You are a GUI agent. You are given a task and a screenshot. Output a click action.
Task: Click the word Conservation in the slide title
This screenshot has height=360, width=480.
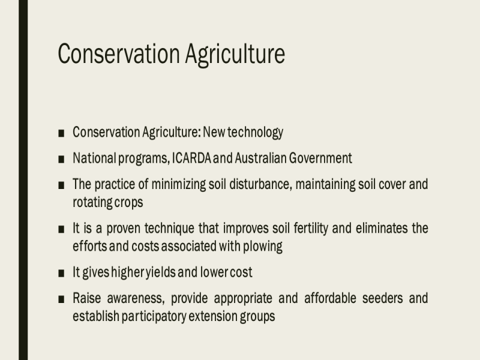(x=118, y=54)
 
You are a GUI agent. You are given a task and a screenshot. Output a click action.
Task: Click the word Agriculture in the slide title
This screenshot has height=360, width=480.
(x=235, y=55)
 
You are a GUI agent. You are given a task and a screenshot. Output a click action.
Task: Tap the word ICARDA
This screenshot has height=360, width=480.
(x=191, y=158)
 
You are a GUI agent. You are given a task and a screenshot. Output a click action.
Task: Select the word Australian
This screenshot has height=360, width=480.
(x=260, y=158)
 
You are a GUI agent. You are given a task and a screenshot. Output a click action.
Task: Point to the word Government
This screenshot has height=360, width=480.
(x=320, y=158)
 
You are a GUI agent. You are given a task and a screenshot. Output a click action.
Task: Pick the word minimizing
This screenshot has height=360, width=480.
(x=178, y=185)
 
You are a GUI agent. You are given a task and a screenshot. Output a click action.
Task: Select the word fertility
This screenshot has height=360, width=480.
(x=311, y=229)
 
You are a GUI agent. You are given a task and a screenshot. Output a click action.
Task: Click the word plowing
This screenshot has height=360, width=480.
(x=263, y=247)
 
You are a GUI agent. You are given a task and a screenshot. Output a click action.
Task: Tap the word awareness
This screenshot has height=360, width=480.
(x=136, y=298)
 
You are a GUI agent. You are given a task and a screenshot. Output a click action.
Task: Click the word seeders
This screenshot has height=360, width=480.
(x=382, y=298)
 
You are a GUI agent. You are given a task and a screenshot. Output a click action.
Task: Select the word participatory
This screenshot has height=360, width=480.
(x=154, y=317)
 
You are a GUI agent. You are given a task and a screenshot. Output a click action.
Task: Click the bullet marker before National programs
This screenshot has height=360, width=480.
(x=61, y=159)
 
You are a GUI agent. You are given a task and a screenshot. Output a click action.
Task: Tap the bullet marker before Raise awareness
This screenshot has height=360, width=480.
(x=61, y=299)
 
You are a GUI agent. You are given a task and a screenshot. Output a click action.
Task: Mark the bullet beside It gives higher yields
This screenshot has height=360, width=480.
(x=61, y=273)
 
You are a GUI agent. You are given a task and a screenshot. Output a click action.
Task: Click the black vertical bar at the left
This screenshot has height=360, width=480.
(x=23, y=180)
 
